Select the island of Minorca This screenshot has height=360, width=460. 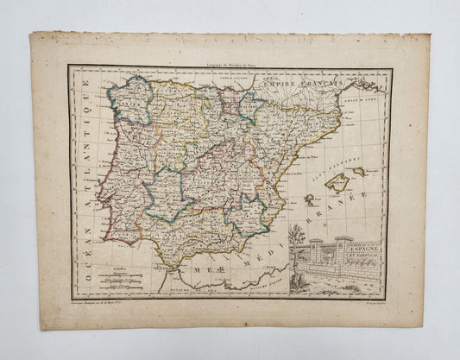click(358, 171)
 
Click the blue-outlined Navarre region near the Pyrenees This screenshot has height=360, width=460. click(250, 105)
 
